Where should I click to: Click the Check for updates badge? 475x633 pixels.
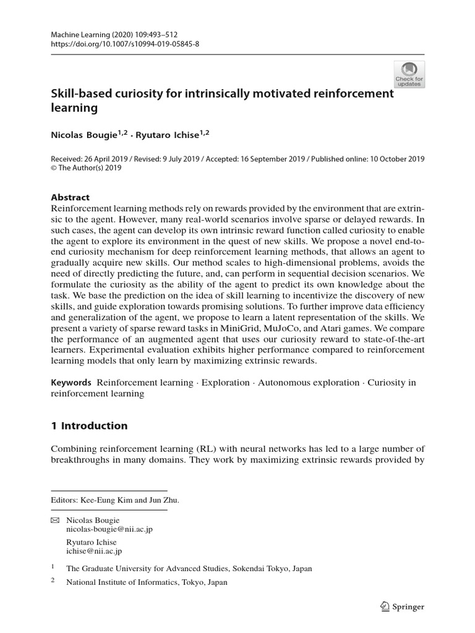point(409,74)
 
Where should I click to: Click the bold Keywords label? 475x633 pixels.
point(71,383)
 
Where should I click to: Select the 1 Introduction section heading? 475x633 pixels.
point(89,425)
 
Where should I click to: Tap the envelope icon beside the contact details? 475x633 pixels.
point(54,520)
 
